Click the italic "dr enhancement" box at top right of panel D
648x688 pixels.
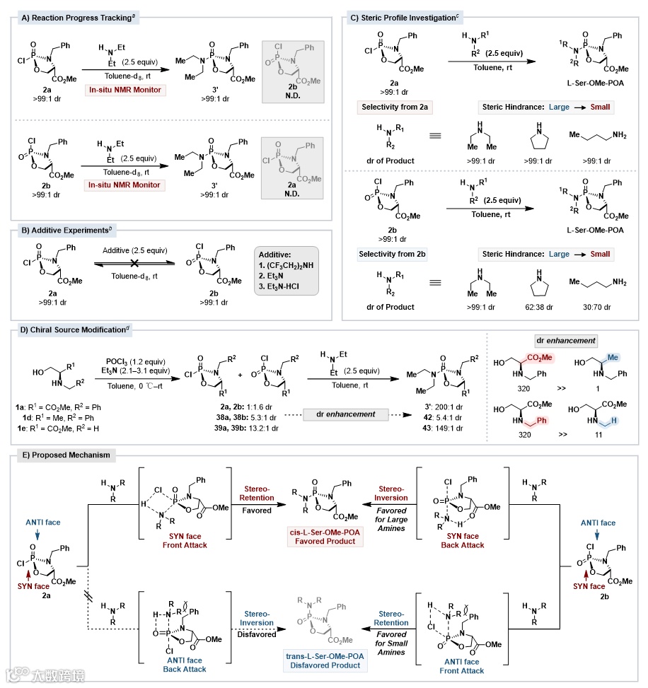[x=564, y=340]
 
